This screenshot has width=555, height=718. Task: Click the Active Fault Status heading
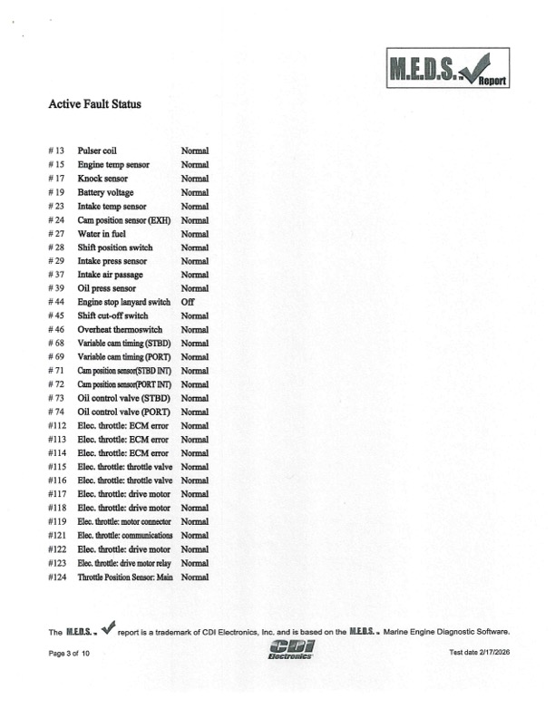click(94, 104)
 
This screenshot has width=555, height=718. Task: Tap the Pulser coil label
click(96, 150)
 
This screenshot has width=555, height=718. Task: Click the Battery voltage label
click(105, 192)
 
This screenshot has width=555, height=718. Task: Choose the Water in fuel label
click(102, 234)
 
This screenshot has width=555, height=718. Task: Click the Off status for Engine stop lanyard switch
click(188, 302)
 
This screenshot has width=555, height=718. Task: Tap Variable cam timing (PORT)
click(125, 357)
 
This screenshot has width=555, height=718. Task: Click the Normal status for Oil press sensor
click(195, 288)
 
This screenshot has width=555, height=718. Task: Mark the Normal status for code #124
click(195, 577)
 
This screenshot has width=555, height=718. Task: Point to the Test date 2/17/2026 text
click(480, 654)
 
